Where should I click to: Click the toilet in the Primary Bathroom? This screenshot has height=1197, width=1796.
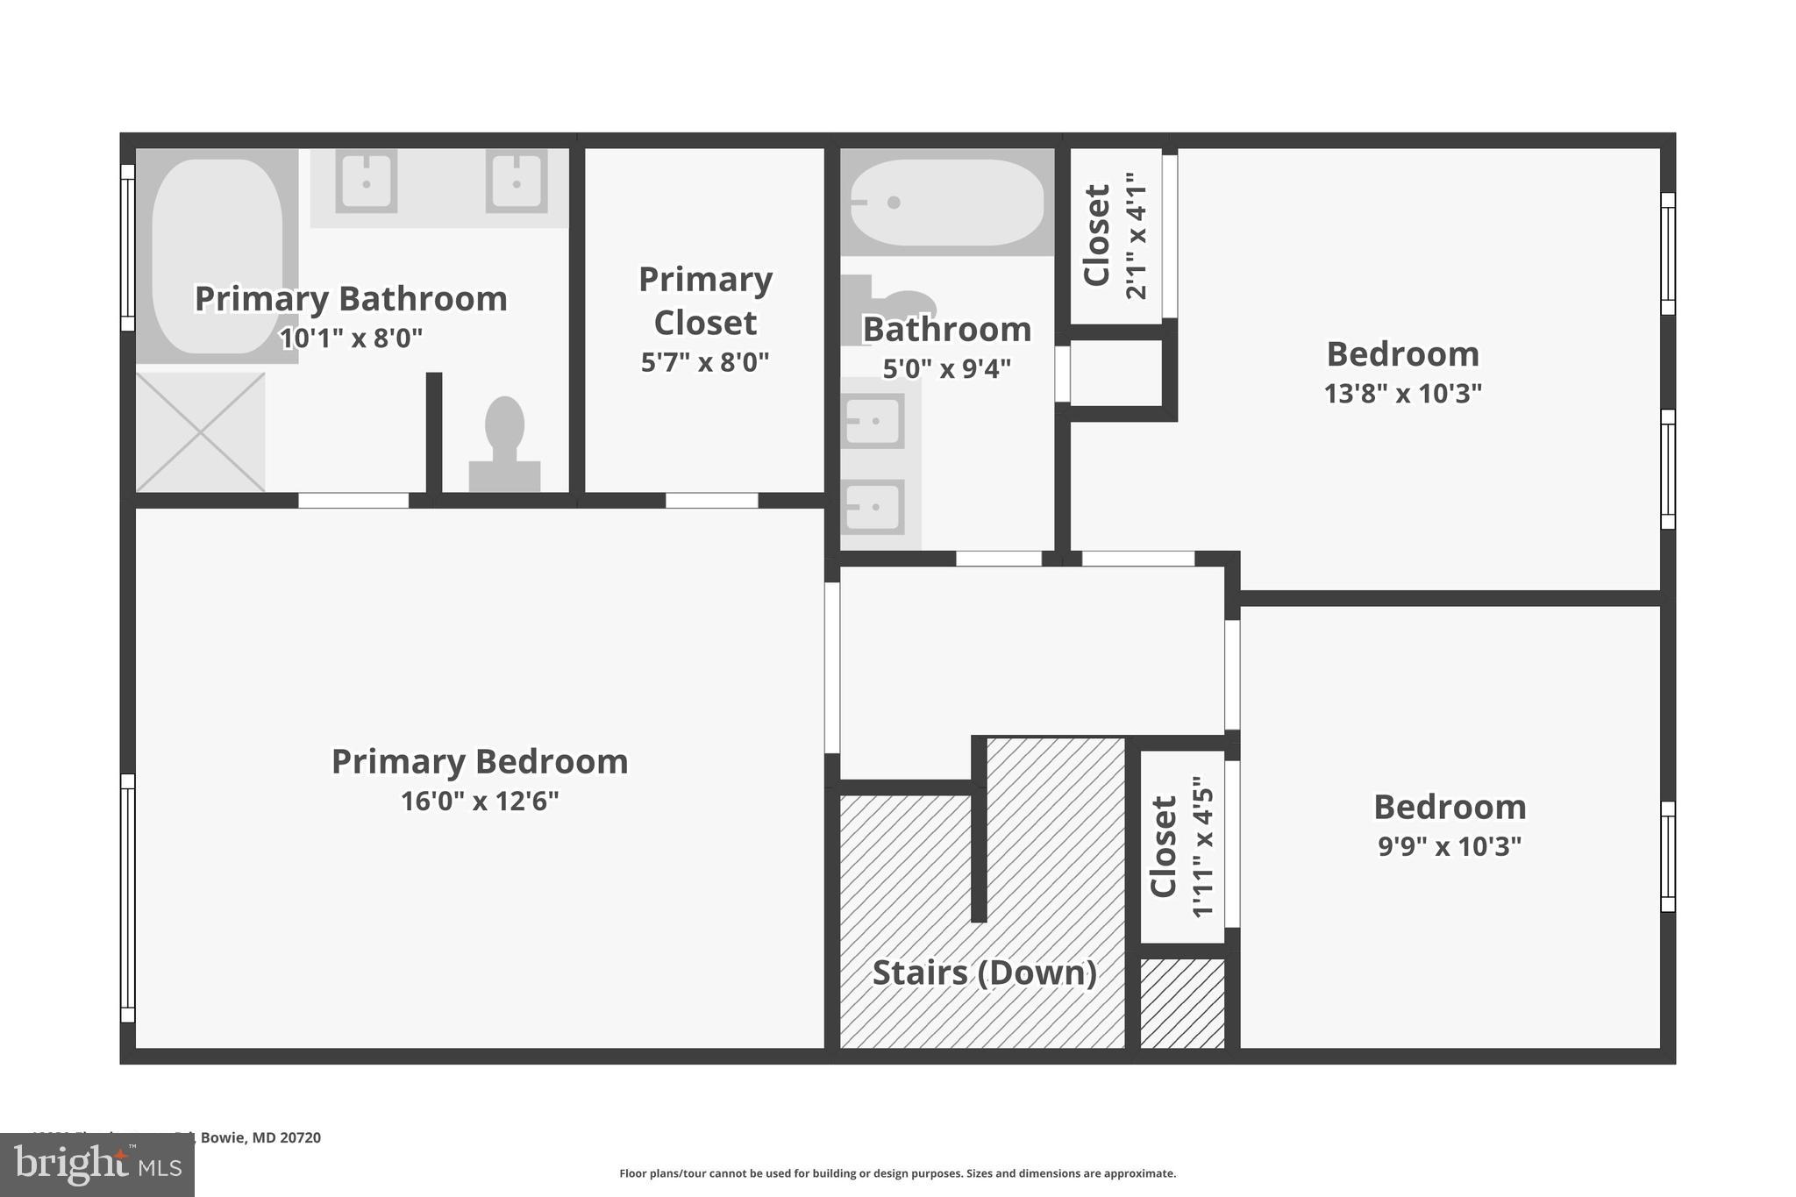(504, 443)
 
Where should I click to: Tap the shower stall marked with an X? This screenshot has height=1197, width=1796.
(200, 432)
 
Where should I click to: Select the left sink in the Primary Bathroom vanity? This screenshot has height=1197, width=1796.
(367, 182)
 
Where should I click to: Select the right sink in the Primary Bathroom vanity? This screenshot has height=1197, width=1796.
(517, 182)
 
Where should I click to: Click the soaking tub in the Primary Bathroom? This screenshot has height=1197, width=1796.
(217, 255)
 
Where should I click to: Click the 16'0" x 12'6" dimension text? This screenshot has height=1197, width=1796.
(479, 802)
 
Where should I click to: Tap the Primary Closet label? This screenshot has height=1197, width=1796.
(705, 301)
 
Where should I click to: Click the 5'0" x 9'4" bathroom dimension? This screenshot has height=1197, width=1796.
(946, 369)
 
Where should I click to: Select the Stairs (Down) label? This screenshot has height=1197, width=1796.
(984, 973)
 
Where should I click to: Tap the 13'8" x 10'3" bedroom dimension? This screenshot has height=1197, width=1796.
(1402, 394)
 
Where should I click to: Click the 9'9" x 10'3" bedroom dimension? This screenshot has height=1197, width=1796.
(1449, 846)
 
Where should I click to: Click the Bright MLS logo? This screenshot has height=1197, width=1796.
(97, 1165)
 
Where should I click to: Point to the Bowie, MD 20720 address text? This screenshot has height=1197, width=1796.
(260, 1137)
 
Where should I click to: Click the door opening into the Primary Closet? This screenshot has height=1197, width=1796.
(711, 501)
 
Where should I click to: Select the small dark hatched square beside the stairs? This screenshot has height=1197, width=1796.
(1182, 1003)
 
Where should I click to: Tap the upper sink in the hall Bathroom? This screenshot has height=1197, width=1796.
(873, 421)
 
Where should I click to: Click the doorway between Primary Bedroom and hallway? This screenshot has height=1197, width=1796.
(832, 667)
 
